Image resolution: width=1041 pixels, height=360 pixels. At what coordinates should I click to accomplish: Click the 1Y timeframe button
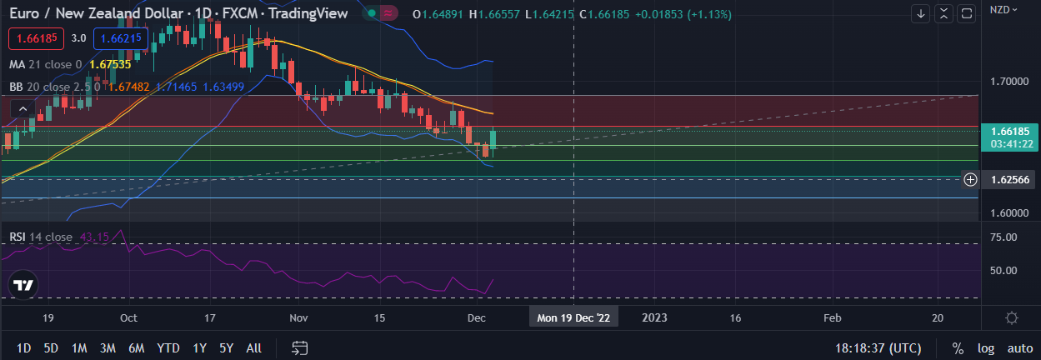coord(199,347)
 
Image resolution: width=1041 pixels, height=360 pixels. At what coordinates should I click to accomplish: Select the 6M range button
coord(137,347)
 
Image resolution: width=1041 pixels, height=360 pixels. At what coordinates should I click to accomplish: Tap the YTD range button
coord(168,347)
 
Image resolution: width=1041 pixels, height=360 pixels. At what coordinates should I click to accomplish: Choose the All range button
coord(254,347)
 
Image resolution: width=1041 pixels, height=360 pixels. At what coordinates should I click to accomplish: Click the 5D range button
coord(51,347)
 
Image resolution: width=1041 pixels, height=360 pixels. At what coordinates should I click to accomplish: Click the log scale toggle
coord(985,347)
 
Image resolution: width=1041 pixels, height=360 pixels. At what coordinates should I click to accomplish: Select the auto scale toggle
coord(1019,347)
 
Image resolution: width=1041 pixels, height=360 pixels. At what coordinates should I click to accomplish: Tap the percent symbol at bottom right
coord(958,347)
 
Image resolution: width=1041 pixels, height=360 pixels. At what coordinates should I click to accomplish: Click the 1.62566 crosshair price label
coord(1009,180)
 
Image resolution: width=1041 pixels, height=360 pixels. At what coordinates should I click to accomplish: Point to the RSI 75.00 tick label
coord(1009,237)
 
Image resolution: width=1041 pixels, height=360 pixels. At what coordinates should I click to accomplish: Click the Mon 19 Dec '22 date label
coord(573,317)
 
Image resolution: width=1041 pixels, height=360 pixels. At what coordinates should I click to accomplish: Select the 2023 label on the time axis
coord(654,317)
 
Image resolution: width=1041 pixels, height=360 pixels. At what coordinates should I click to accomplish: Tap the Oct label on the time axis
coord(128,317)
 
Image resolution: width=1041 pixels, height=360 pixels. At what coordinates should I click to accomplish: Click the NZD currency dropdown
coord(1003,10)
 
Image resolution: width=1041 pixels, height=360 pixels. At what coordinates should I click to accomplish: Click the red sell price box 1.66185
coord(34,38)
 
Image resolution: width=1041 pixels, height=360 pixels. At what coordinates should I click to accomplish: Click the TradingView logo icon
coord(24,285)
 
